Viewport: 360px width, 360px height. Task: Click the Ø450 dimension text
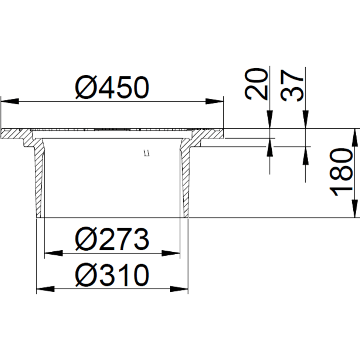(112, 88)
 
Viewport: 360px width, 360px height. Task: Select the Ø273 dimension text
(112, 240)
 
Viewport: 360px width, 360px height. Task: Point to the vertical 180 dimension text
(342, 172)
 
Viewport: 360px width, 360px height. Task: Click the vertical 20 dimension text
(258, 84)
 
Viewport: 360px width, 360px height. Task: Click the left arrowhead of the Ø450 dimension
(10, 101)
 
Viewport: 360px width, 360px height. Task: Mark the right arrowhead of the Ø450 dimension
(215, 101)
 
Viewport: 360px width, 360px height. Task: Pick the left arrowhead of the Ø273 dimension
(53, 253)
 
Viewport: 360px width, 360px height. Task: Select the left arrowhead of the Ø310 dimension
(46, 289)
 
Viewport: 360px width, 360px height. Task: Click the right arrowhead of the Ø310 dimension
(179, 289)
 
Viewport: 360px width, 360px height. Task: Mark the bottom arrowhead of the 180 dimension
(353, 209)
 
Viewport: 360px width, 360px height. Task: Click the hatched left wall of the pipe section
(39, 181)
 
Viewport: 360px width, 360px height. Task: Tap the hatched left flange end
(15, 133)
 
